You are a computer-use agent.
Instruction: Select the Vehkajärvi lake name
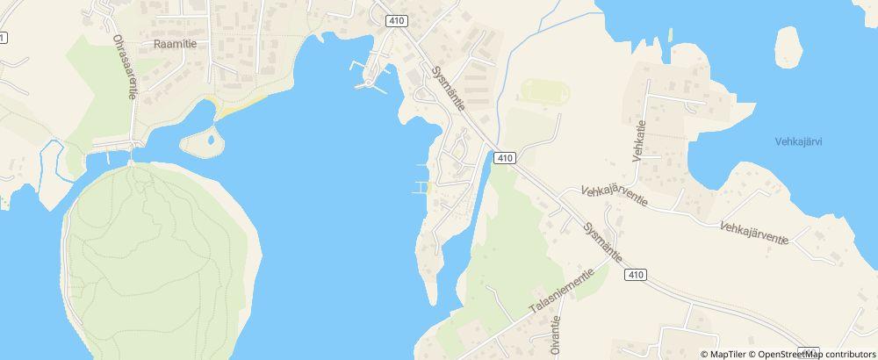[804, 141]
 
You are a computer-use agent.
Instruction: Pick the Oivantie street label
[556, 336]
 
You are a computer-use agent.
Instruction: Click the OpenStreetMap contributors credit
[811, 354]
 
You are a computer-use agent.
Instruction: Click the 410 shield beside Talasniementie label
[637, 275]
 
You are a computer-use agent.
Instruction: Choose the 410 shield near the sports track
[503, 158]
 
